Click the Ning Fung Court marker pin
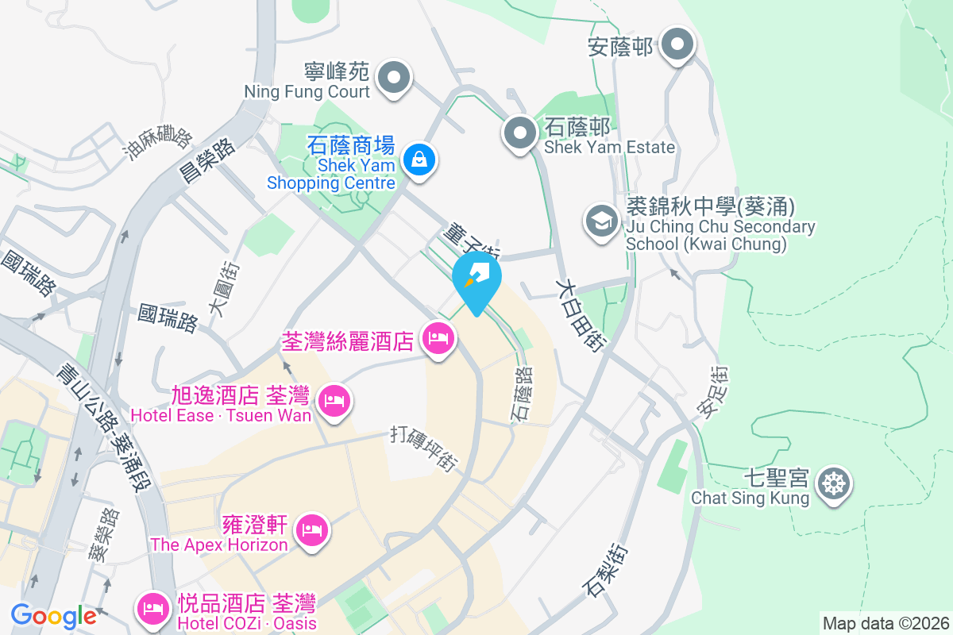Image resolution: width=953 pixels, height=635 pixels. (393, 78)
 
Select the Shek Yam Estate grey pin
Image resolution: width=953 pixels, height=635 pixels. (521, 133)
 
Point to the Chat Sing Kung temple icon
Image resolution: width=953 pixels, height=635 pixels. (834, 483)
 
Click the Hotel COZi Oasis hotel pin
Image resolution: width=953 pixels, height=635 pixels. (152, 609)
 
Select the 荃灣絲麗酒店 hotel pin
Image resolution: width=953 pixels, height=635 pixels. (438, 339)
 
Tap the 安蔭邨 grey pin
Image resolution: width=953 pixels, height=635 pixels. (677, 44)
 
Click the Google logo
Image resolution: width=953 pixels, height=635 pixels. (53, 615)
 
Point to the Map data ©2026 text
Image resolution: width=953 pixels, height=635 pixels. (885, 623)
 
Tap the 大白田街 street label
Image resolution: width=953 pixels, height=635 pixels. (581, 314)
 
